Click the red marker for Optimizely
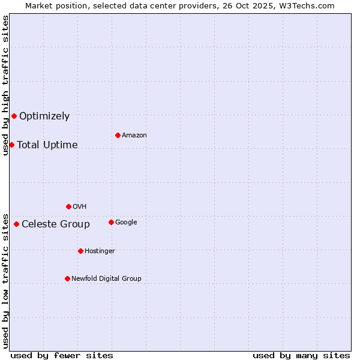tap(14, 116)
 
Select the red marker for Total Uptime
tap(11, 145)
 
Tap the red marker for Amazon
tap(118, 135)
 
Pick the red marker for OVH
tap(68, 206)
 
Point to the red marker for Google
tap(111, 222)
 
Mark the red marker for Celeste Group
tap(16, 224)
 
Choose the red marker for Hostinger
tap(80, 251)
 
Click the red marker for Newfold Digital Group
tap(67, 278)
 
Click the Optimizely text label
tap(44, 116)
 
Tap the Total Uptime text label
tap(47, 145)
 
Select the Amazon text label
tap(134, 136)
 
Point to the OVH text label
tap(80, 207)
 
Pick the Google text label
tap(126, 223)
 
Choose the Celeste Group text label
tap(56, 224)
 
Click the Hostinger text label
tap(100, 251)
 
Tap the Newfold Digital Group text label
tap(106, 279)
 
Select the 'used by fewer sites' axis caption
tap(62, 355)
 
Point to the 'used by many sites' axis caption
tap(301, 355)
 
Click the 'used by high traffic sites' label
tap(5, 85)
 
